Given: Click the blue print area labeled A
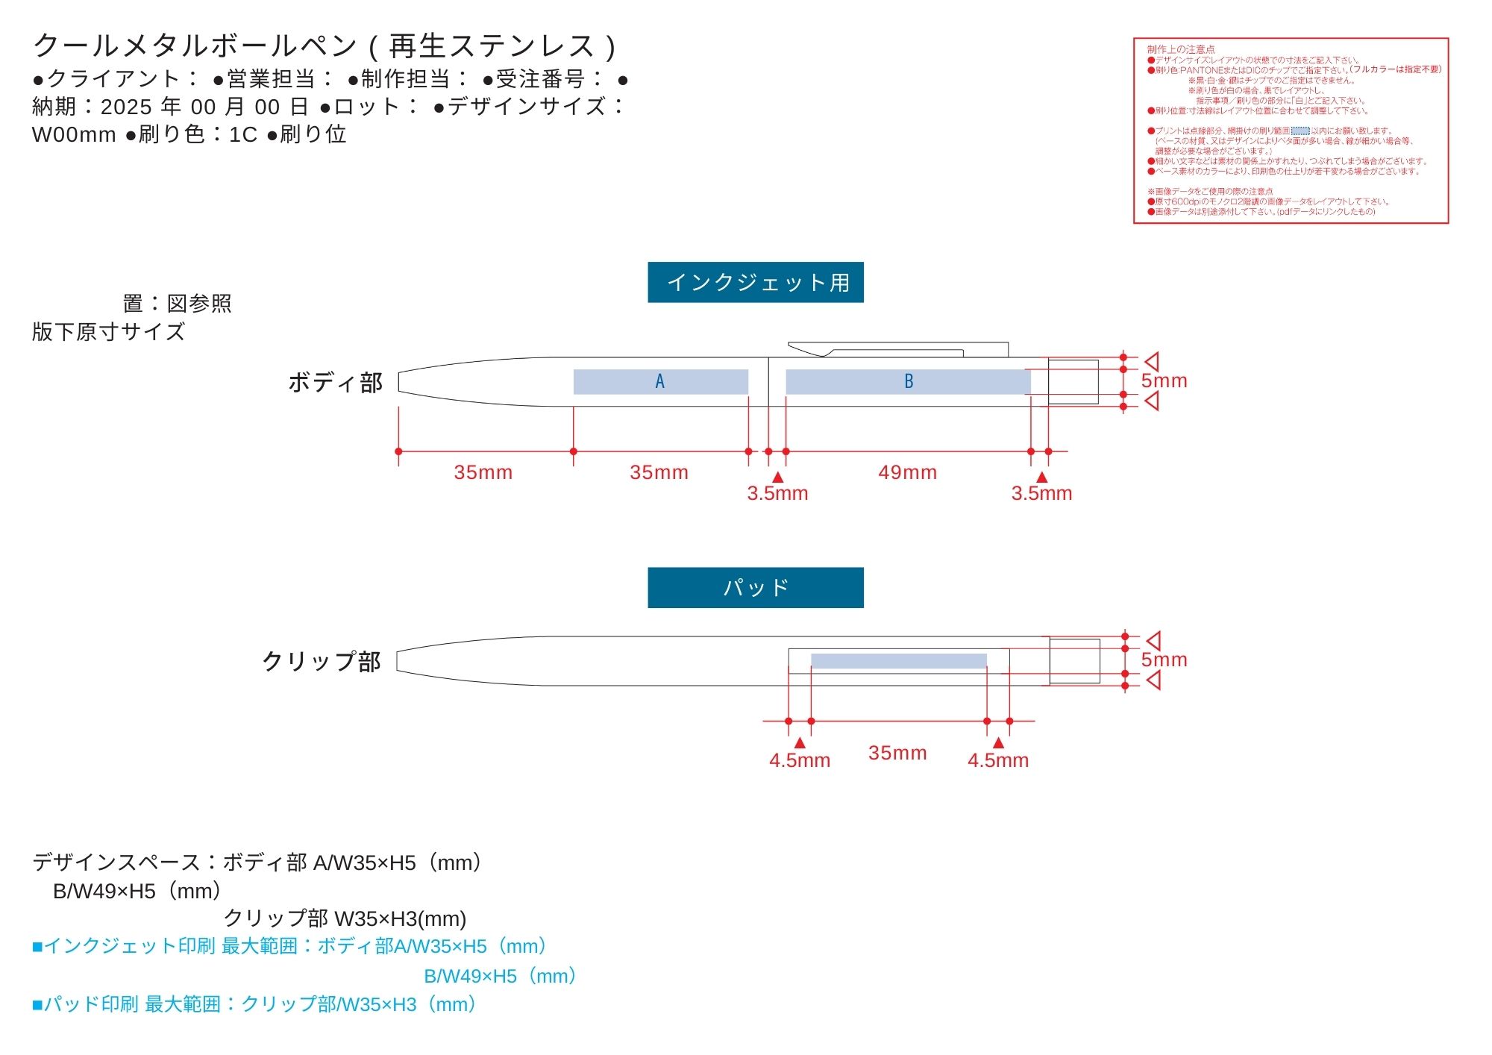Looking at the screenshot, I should point(660,381).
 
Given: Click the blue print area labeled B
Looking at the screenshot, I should point(908,381).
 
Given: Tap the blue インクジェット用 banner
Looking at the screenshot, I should point(755,282).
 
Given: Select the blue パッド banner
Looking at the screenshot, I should point(755,587).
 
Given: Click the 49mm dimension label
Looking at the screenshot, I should point(907,472).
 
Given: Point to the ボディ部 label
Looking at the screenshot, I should point(335,382).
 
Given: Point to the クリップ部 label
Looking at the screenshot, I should point(322,661).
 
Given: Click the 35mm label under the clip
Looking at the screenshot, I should point(897,753).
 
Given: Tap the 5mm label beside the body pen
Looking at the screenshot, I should point(1164,381).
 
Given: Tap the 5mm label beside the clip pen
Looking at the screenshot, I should point(1164,660).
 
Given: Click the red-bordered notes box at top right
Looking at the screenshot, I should point(1291,131).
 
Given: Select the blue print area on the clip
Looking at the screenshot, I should point(898,661).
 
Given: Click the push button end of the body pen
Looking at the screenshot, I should point(1073,382).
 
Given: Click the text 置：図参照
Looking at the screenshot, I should point(177,304).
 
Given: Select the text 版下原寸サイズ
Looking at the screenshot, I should point(108,332).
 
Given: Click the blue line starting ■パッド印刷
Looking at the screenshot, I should point(254,1004).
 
